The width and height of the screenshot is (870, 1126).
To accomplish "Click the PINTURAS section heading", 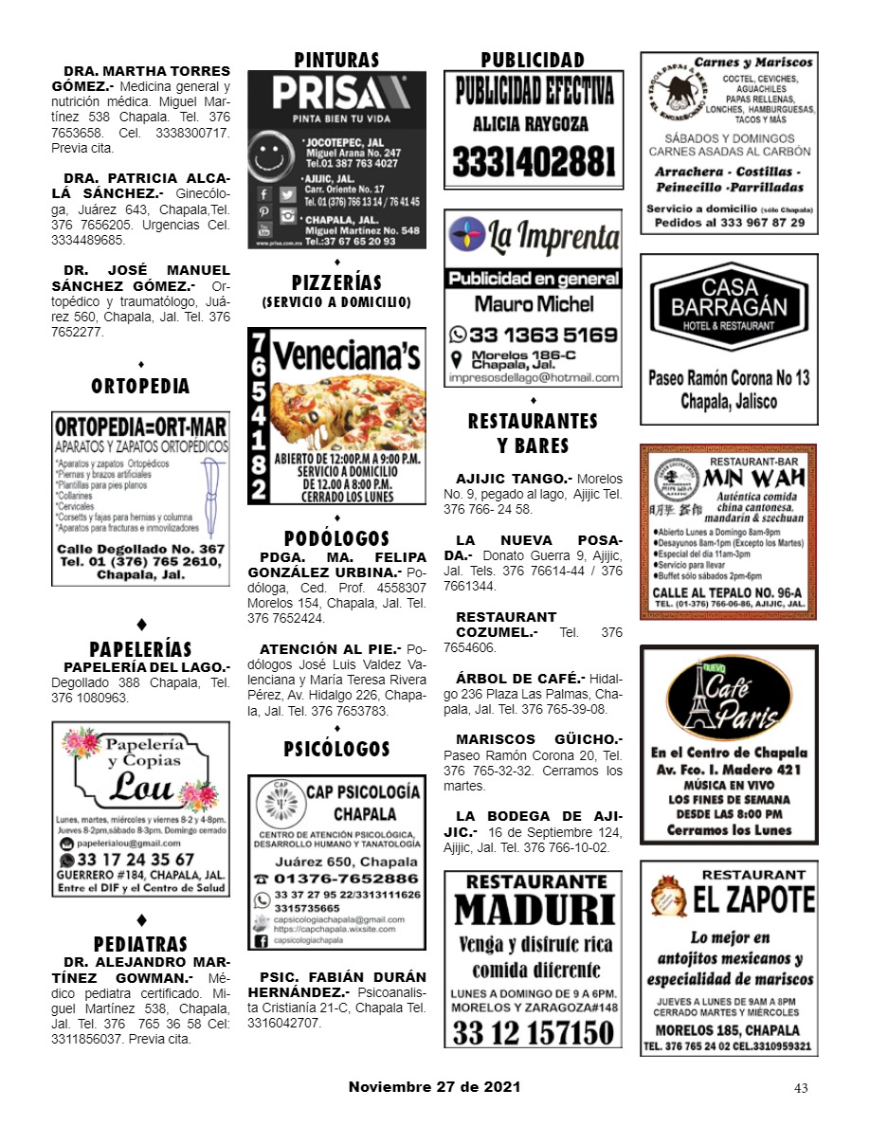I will point(336,60).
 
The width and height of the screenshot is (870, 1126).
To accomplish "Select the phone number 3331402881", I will point(533,160).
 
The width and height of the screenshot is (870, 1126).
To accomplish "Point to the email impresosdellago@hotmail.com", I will point(533,377).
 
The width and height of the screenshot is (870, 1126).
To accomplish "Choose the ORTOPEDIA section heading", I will point(140,387).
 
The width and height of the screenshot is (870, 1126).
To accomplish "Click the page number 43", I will point(801,1088).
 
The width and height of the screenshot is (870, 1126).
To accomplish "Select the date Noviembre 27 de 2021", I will point(434,1087).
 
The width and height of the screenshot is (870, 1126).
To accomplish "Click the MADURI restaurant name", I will point(533,910).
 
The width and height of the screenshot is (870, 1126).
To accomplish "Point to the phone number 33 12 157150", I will point(533,1032).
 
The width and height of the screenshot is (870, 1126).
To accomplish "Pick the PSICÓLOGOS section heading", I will point(336,750).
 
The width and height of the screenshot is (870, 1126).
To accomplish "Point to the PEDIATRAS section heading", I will point(140,945).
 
